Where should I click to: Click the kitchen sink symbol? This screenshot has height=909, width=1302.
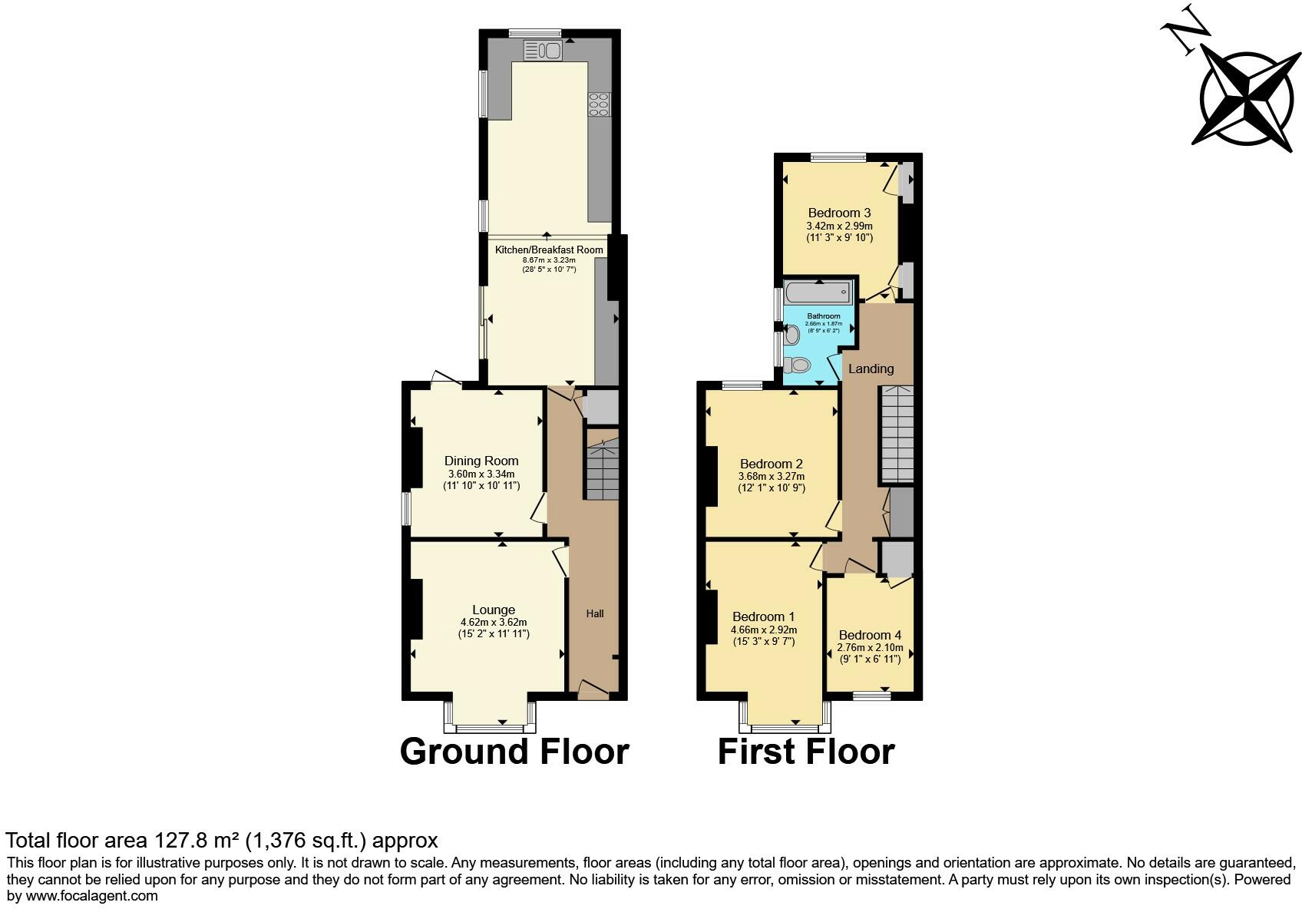[544, 51]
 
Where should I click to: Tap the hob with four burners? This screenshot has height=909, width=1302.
[599, 104]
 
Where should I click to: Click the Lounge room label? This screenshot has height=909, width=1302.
[494, 610]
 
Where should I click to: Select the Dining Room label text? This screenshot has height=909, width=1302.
[481, 461]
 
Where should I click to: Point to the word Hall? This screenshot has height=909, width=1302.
[595, 613]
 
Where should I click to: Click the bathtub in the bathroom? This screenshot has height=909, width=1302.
[818, 292]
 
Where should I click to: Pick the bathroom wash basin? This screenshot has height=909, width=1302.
[791, 334]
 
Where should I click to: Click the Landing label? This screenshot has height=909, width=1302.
[871, 369]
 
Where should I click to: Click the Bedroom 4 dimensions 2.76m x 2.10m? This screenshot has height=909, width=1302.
[870, 648]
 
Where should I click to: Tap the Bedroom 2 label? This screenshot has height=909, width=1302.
[771, 464]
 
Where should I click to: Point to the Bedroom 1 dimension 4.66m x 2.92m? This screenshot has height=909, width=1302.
[764, 630]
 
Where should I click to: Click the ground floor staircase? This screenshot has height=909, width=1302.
[603, 469]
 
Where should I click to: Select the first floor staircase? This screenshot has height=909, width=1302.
[896, 434]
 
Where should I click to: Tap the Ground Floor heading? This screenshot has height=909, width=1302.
[514, 751]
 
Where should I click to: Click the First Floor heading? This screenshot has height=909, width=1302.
[805, 751]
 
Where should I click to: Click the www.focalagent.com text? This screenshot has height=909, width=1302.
[91, 895]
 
